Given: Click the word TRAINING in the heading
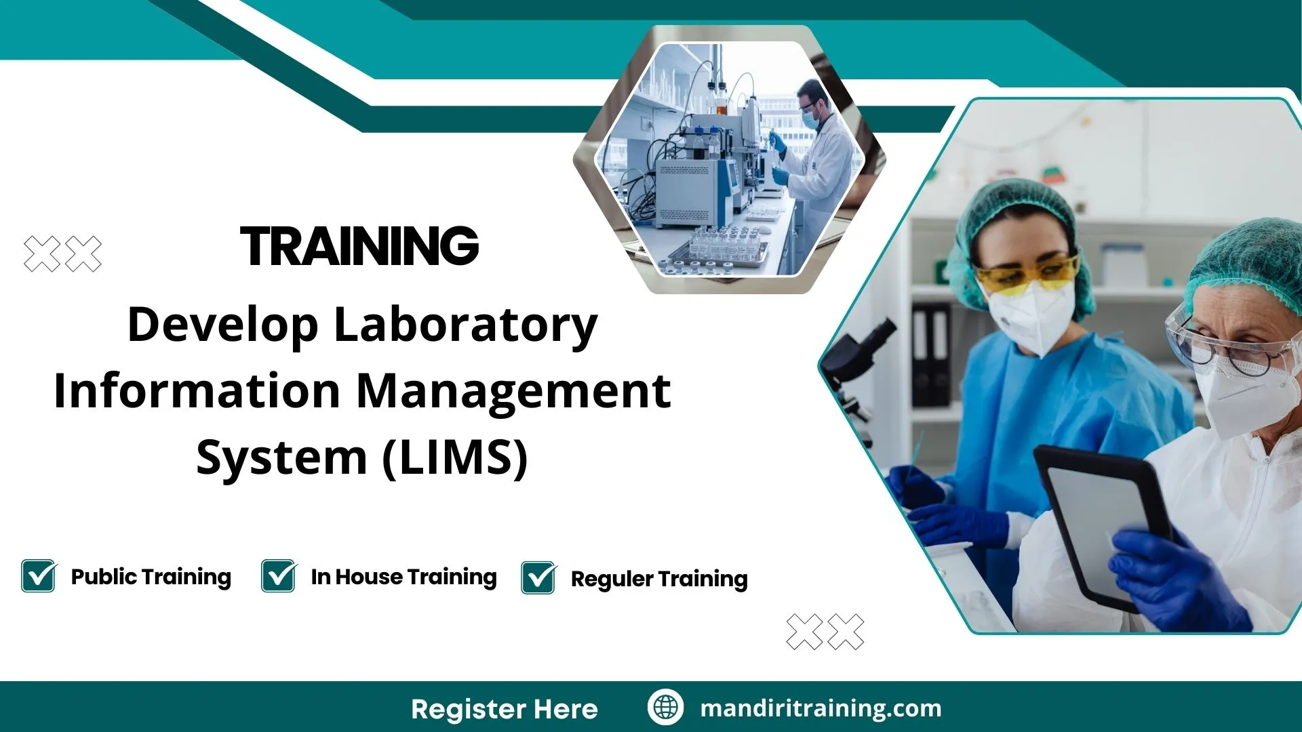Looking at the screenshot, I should [359, 246].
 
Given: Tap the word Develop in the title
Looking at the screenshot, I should [222, 325].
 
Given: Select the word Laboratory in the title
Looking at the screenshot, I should [465, 325].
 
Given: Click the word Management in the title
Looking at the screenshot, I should [513, 392].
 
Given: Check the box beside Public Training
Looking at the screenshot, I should [39, 576].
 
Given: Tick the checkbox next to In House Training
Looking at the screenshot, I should [279, 576].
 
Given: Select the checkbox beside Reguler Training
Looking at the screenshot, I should [538, 578].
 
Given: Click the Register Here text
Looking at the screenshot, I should [504, 709].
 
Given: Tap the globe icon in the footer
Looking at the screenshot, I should [665, 707].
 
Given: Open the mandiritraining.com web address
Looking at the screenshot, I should [821, 708].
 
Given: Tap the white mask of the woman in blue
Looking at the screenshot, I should [1031, 315].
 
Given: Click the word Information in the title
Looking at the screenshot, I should [197, 392].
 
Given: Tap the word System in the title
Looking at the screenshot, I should [281, 457].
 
